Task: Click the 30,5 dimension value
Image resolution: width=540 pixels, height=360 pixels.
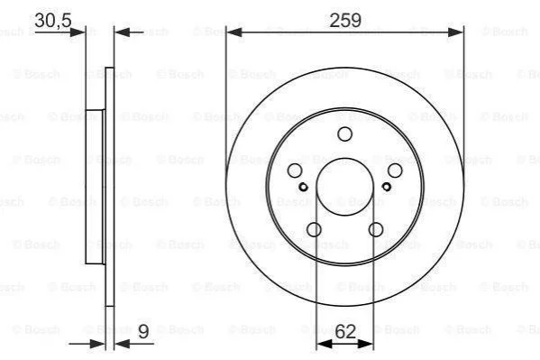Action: pos(53,21)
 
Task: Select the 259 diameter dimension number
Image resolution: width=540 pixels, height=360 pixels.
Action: pos(345,21)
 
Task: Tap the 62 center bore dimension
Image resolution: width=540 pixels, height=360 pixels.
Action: pos(345,331)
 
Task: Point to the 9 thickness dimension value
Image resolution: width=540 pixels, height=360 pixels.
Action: pos(143,331)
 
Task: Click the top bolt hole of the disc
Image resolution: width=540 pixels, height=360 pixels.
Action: pos(344,134)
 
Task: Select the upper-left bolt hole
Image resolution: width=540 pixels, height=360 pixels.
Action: pos(295,171)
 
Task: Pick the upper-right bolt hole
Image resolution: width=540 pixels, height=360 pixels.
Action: pos(395,171)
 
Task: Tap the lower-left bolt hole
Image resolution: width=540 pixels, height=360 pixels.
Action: pos(314,229)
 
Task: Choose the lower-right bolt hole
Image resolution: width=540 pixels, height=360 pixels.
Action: pos(376,229)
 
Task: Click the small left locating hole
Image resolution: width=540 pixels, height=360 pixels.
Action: pos(303,187)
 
